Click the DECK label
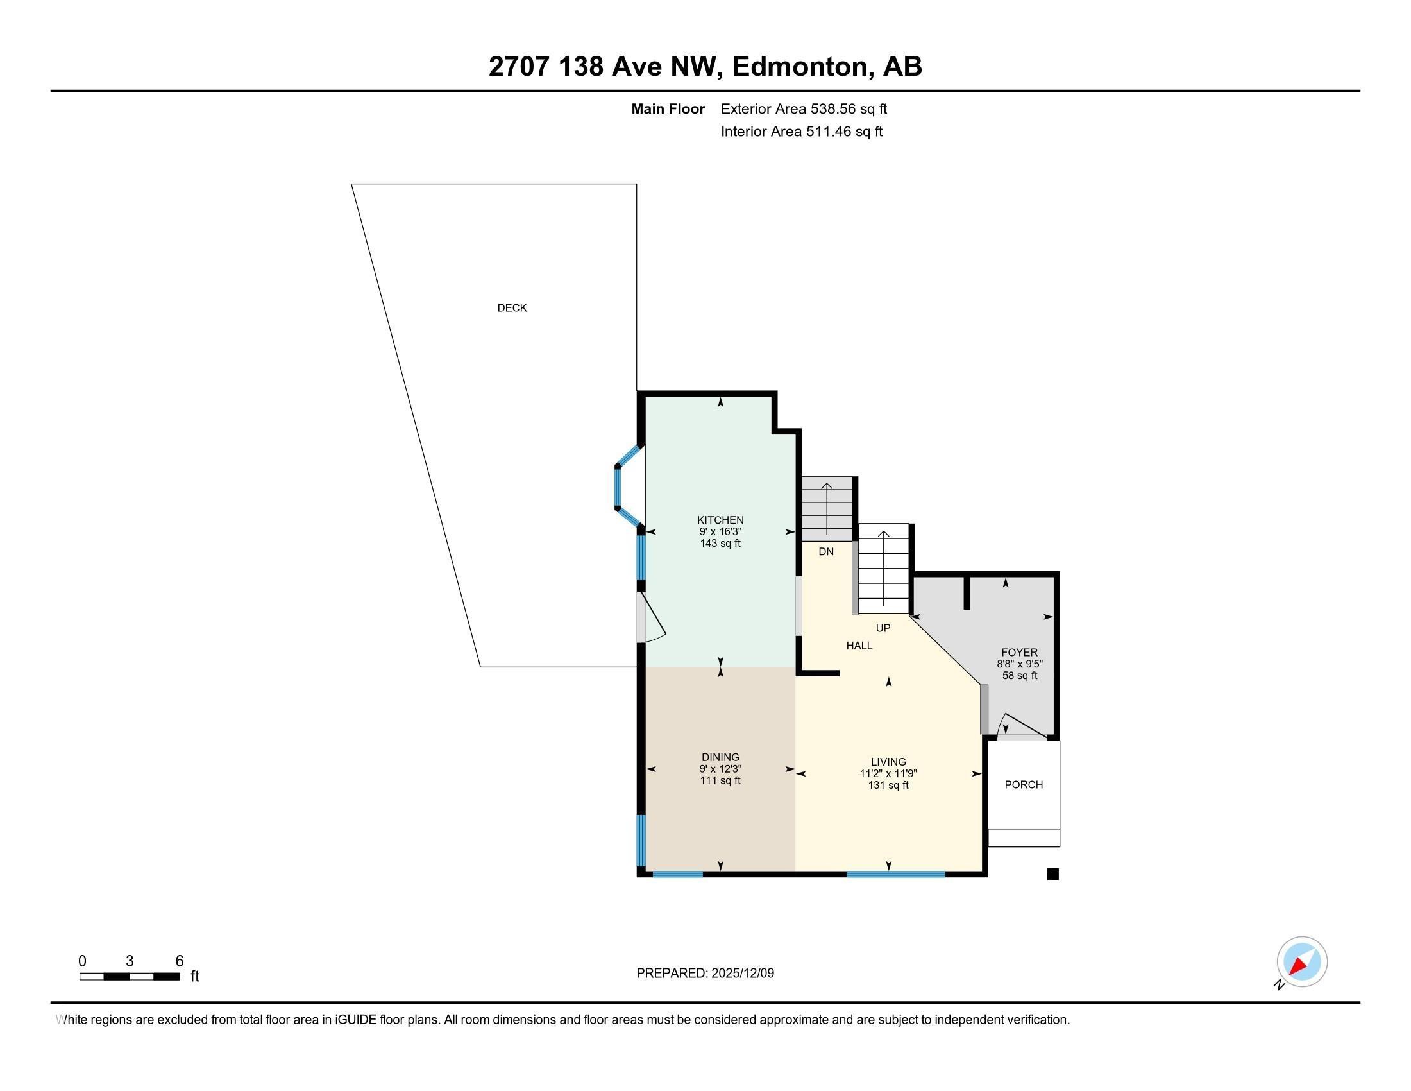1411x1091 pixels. pos(512,308)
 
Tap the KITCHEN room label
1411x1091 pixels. pos(720,520)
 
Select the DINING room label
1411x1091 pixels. pos(720,757)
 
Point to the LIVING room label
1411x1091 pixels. pos(888,762)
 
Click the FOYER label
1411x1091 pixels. pos(1020,653)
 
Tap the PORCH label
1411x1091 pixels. pos(1024,785)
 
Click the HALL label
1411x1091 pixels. pos(859,646)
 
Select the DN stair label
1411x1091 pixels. pos(826,552)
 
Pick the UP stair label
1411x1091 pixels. pos(883,628)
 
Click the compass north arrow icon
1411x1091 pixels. pos(1302,962)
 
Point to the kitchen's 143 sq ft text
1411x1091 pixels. pos(720,544)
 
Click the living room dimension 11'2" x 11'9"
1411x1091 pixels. pos(888,774)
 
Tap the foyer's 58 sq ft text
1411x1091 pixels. pos(1020,676)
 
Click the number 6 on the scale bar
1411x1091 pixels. pos(180,961)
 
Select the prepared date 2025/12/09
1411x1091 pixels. pos(741,974)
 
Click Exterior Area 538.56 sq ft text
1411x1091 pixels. pos(804,109)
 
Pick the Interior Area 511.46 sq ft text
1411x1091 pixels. pos(802,132)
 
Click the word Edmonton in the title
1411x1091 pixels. pos(800,67)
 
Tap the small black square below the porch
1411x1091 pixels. pos(1052,874)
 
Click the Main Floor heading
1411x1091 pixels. pos(668,109)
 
